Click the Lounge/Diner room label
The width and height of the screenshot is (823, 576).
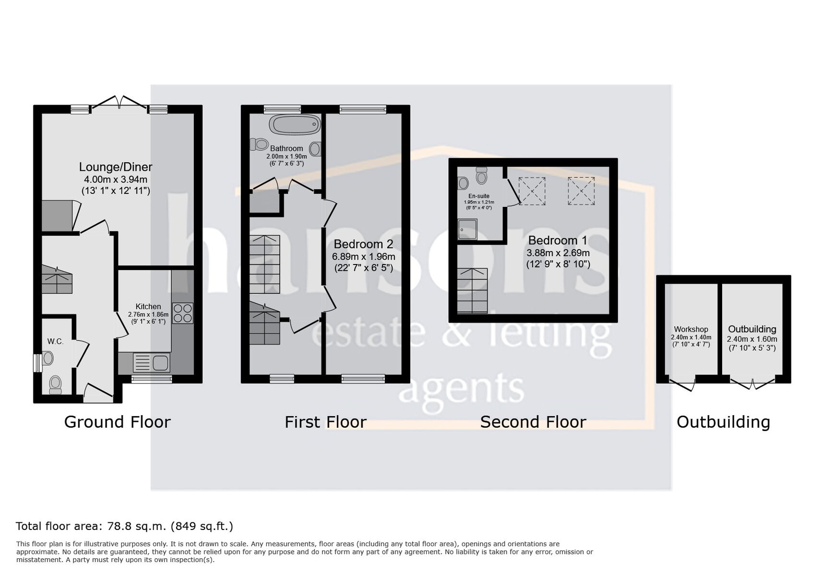coord(116,167)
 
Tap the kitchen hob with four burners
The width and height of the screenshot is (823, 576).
coord(182,313)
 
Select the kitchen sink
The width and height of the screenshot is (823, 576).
coord(151,362)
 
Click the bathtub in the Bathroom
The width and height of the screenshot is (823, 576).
coord(295,124)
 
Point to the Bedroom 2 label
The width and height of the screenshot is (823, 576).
coord(363,244)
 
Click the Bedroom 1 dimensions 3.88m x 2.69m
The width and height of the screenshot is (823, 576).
coord(558,253)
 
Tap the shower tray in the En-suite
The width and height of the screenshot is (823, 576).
coord(467,229)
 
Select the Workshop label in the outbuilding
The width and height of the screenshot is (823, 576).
coord(691,329)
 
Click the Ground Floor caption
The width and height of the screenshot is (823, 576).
coord(118,422)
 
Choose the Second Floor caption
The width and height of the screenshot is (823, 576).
coord(533,422)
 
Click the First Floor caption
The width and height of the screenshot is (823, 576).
coord(325,422)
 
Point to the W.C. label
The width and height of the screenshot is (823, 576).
coord(55,341)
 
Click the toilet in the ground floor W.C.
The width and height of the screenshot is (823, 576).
coord(56,384)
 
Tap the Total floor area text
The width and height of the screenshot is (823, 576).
coord(124,526)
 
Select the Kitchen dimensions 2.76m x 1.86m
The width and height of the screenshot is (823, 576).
coord(148,315)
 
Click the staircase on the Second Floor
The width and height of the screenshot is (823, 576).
coord(472,291)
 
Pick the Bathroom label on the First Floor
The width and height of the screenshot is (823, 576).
coord(286,149)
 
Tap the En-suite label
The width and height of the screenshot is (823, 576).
coord(479,196)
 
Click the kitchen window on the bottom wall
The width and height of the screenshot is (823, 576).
coord(152,379)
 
